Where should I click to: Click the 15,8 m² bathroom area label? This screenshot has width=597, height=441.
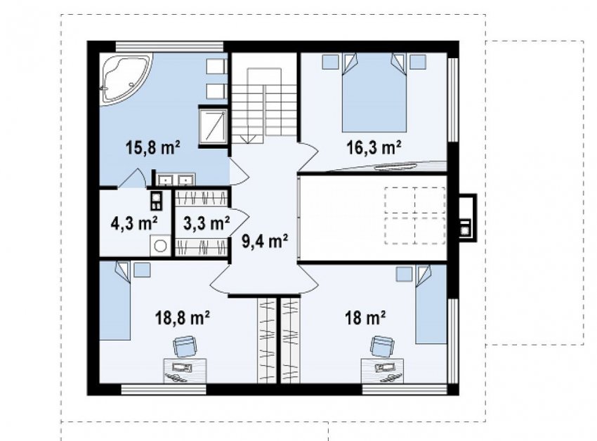[x=152, y=147]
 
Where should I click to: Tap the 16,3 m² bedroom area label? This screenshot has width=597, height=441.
[x=374, y=147]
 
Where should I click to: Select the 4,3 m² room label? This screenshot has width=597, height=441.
[x=134, y=223]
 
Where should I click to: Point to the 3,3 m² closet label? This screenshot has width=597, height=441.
[x=206, y=223]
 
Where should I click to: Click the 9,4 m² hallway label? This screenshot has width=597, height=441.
[x=265, y=241]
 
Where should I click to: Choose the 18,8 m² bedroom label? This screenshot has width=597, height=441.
[x=183, y=317]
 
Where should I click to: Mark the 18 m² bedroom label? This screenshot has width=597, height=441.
[x=365, y=317]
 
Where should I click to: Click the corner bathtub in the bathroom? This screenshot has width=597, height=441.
[x=126, y=78]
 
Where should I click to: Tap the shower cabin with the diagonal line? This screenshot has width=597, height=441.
[x=214, y=126]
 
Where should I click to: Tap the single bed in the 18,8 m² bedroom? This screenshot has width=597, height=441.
[x=115, y=301]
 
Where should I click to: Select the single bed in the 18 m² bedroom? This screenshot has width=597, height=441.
[x=431, y=305]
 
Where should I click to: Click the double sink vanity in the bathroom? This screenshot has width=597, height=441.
[x=176, y=179]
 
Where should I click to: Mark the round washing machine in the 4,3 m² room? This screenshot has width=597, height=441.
[x=160, y=246]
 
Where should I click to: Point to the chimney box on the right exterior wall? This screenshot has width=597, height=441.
[x=467, y=218]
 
